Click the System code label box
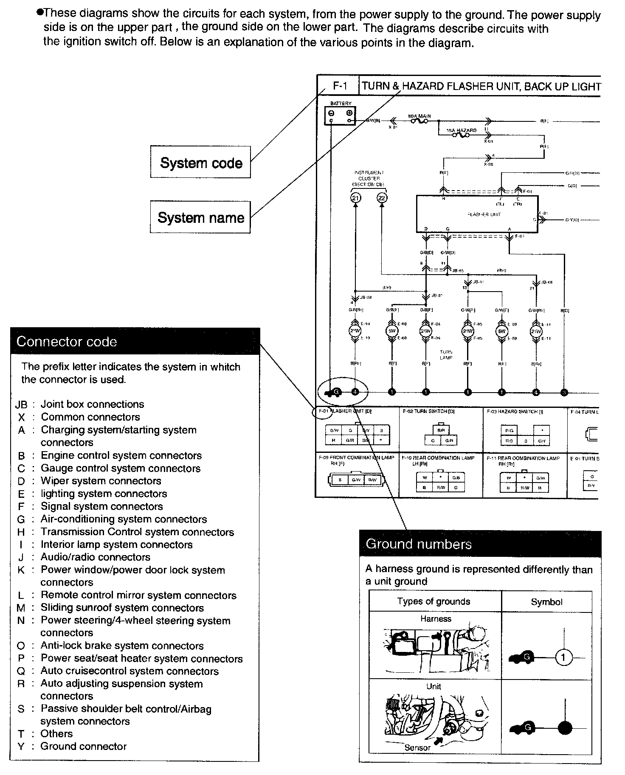point(200,163)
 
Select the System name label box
point(200,217)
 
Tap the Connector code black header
point(135,342)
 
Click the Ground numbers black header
point(480,544)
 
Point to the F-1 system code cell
point(340,86)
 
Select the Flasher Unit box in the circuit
point(477,214)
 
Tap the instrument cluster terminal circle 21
point(355,198)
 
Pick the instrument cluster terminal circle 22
point(382,198)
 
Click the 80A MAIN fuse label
point(419,115)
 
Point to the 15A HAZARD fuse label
point(462,130)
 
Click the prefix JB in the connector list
point(21,404)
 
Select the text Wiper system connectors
point(101,481)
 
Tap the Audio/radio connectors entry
point(96,557)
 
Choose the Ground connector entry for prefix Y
point(84,746)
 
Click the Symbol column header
point(546,602)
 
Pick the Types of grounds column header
point(434,601)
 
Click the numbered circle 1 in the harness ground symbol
point(563,658)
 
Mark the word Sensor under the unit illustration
point(417,747)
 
